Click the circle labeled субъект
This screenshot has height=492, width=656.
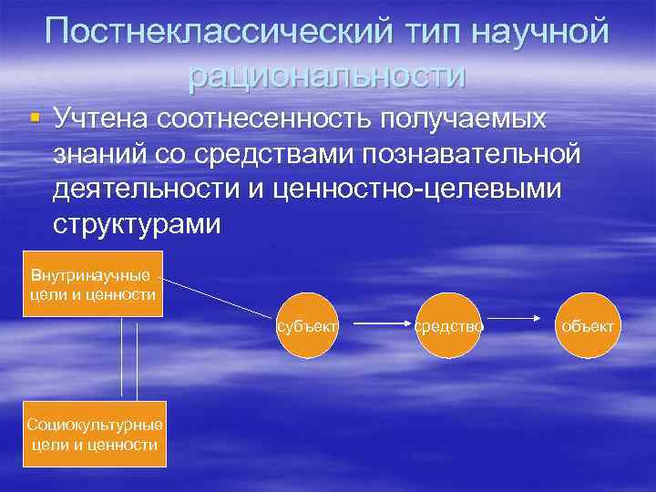tap(310, 324)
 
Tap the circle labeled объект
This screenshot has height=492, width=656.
tap(588, 324)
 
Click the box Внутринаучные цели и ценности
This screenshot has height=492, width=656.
tap(91, 283)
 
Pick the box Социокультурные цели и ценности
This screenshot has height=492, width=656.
tap(95, 434)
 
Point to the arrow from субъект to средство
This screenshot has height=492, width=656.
tap(380, 323)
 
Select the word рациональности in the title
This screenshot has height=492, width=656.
tap(327, 75)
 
